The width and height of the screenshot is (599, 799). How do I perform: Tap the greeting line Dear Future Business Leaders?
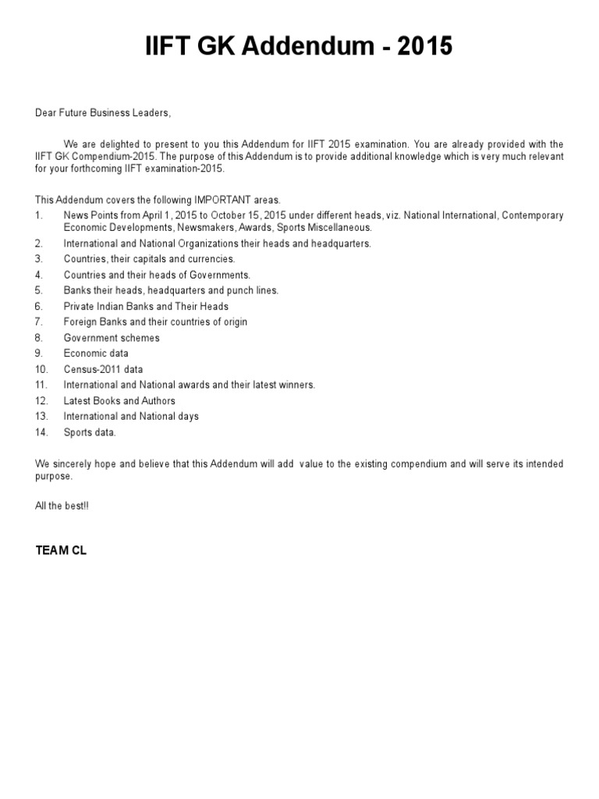tap(102, 113)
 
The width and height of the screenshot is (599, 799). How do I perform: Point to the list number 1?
tap(38, 215)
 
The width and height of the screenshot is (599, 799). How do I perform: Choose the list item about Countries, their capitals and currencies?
tap(149, 259)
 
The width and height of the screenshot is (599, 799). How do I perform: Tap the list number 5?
tap(38, 290)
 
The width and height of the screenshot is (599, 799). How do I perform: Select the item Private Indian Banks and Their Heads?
tap(146, 306)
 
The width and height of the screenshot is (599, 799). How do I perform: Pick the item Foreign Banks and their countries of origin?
tap(155, 321)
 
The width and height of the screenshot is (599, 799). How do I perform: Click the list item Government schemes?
tap(112, 338)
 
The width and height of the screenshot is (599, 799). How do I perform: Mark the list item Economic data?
tap(96, 353)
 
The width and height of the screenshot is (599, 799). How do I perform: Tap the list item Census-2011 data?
tap(103, 369)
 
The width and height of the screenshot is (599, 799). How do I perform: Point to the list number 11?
tap(41, 385)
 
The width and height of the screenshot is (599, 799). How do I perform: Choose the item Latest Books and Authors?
tap(119, 400)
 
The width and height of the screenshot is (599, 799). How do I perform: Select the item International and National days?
tap(131, 416)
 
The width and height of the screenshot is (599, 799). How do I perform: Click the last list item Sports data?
tap(90, 431)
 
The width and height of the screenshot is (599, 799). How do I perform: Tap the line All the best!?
tap(62, 506)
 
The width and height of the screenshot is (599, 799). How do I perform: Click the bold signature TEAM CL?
tap(61, 550)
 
